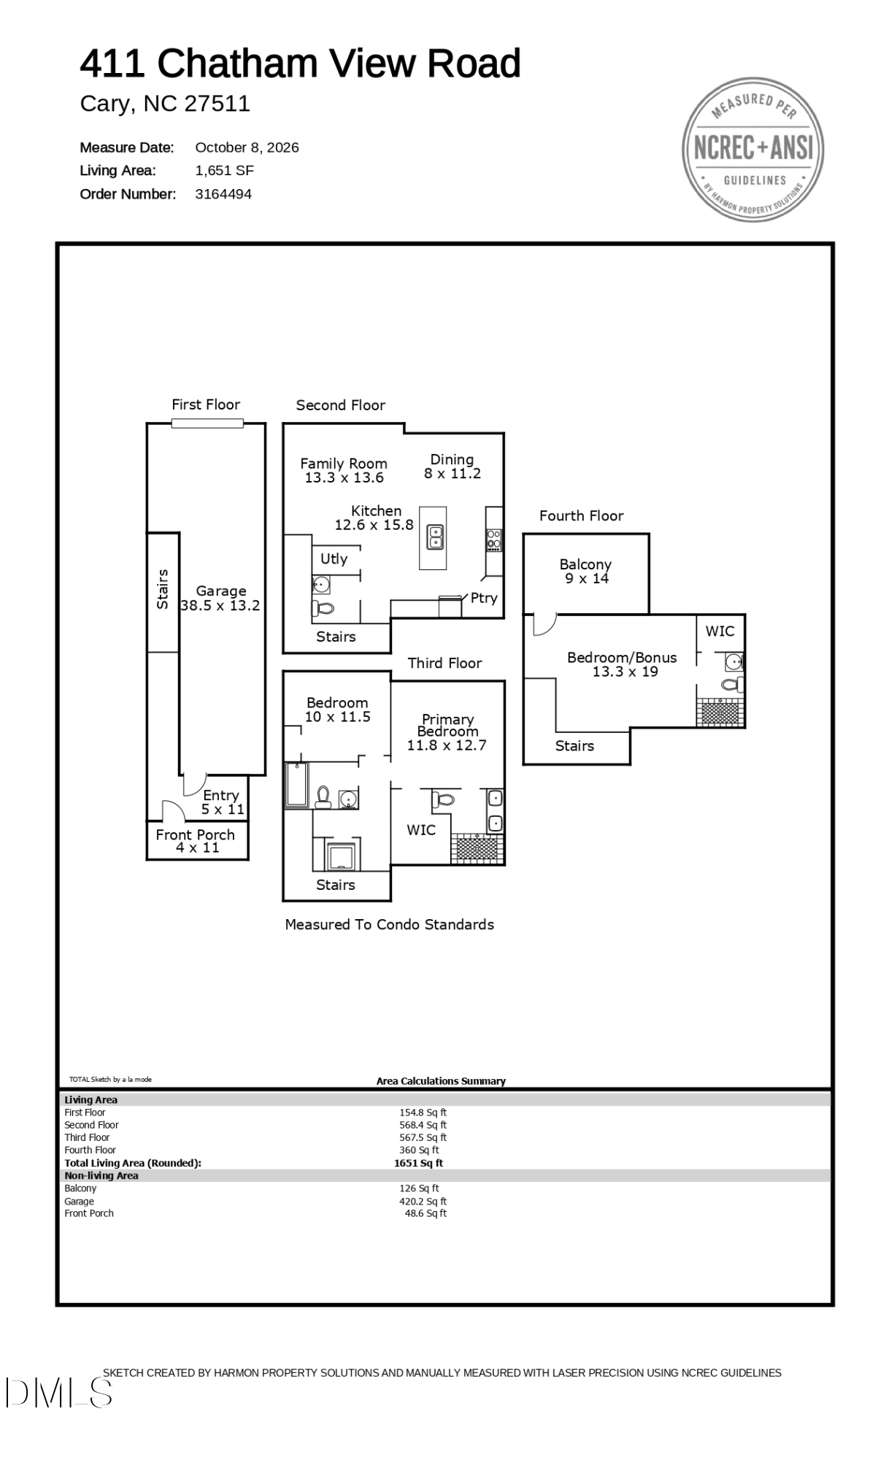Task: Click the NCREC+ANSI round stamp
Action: tap(753, 150)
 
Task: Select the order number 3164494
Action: tap(223, 194)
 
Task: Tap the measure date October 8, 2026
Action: tap(247, 147)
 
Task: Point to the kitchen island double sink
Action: tap(435, 537)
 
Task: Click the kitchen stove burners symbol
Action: tap(494, 539)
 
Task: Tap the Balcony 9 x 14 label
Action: tap(586, 571)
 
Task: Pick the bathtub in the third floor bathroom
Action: tap(296, 785)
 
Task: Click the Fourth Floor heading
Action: tap(582, 515)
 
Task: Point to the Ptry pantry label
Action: tap(484, 597)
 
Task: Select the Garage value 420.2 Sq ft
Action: tap(423, 1201)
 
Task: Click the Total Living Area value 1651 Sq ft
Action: tap(419, 1163)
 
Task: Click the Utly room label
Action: tap(334, 558)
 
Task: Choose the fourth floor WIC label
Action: tap(720, 631)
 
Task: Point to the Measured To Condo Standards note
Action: tap(390, 924)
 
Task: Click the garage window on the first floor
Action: tap(207, 423)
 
